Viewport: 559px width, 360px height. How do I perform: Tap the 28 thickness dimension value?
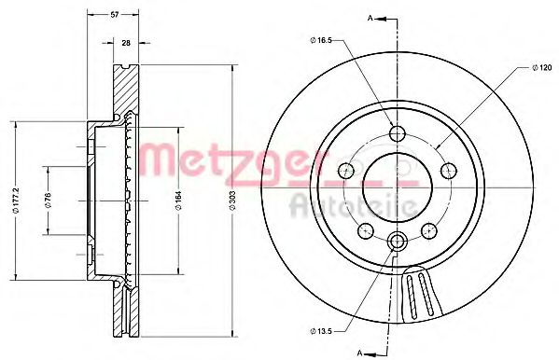tap(125, 42)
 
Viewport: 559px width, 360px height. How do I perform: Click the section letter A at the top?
tap(370, 18)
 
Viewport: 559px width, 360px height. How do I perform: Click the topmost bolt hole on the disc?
tap(397, 132)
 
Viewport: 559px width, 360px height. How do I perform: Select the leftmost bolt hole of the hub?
tap(345, 170)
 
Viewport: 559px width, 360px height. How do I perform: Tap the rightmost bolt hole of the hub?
tap(448, 170)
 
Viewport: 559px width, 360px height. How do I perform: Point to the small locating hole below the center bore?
tap(397, 242)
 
